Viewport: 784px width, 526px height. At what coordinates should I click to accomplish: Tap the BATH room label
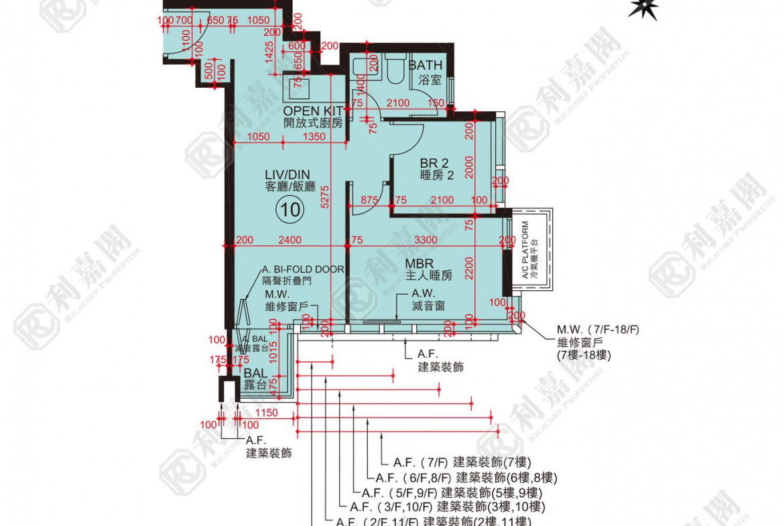426,65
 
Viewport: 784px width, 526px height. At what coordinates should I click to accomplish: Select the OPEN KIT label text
313,111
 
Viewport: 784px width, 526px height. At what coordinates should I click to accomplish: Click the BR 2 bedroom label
434,163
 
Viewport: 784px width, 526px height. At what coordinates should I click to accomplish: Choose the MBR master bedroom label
419,263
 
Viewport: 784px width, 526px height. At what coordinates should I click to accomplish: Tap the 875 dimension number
369,200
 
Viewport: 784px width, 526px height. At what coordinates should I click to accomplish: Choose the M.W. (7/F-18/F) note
598,330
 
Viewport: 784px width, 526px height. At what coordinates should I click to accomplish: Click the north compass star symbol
643,9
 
